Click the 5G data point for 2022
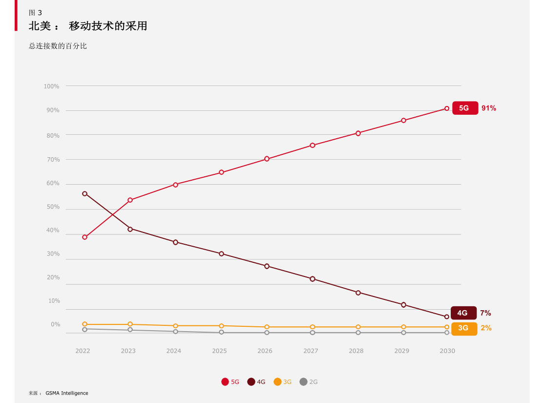[84, 237]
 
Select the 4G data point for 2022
[84, 194]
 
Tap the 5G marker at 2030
[447, 108]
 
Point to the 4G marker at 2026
[267, 266]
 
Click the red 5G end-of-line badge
[464, 108]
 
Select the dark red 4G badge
[463, 313]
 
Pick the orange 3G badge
[463, 328]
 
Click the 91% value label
[488, 108]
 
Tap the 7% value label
[485, 313]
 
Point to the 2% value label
[486, 328]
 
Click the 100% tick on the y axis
[51, 86]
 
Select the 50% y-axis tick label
[53, 207]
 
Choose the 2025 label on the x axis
[219, 351]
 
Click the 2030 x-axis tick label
[447, 351]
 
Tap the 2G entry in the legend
[309, 382]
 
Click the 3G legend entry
[283, 382]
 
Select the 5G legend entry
[230, 382]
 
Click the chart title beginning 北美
[88, 26]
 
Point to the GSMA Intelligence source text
[67, 393]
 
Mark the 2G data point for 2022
[84, 329]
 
